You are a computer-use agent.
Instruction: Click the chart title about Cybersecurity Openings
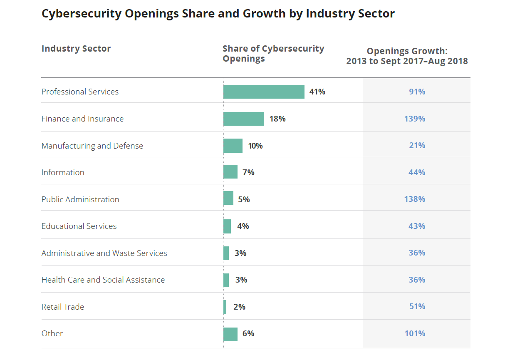click(x=218, y=14)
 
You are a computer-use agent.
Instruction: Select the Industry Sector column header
click(x=76, y=49)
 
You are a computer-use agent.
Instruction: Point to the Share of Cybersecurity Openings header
click(x=273, y=54)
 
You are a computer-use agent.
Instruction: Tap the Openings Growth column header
click(x=407, y=56)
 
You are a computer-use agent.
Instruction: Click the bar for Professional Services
click(x=264, y=92)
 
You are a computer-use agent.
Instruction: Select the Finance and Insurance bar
click(x=243, y=119)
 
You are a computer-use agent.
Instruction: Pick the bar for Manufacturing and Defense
click(x=233, y=146)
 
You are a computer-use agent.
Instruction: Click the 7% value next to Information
click(x=248, y=172)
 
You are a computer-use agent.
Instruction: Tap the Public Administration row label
click(x=80, y=199)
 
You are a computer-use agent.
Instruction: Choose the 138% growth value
click(x=415, y=199)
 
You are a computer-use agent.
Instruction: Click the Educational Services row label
click(x=79, y=226)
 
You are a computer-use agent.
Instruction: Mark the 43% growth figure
click(x=417, y=226)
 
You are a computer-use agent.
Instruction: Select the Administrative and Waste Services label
click(x=104, y=253)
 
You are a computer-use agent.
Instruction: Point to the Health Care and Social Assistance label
click(x=103, y=280)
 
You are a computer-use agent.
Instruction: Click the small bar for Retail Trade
click(x=225, y=307)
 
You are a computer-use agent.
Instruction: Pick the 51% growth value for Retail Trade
click(x=417, y=306)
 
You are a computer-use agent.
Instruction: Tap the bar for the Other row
click(x=230, y=334)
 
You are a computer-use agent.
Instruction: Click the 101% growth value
click(x=415, y=333)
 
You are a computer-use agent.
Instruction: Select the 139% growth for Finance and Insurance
click(x=415, y=119)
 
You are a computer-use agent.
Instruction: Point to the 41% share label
click(x=317, y=92)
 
